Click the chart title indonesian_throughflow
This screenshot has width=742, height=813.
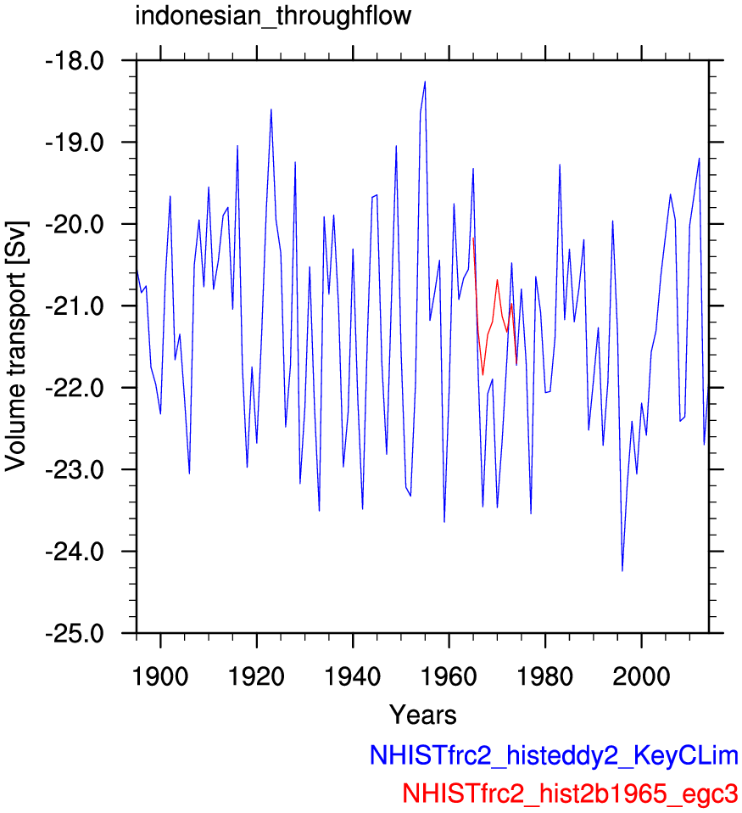point(273,16)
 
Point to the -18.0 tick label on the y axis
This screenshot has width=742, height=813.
point(75,60)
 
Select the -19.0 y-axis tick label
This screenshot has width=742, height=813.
point(75,142)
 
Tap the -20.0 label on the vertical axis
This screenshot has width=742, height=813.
point(75,224)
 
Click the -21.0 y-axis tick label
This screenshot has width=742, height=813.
point(75,306)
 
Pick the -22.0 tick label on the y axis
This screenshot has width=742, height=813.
point(75,388)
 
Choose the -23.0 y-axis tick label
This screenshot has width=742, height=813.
point(75,470)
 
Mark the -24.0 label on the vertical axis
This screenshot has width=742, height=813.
point(75,551)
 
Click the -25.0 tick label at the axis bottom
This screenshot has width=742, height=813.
point(75,633)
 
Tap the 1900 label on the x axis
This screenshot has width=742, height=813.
point(160,676)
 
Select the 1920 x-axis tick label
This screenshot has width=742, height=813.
point(256,676)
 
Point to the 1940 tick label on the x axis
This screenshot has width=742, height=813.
point(353,676)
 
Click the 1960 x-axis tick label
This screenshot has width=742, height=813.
point(449,676)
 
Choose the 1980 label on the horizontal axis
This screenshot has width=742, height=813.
point(545,676)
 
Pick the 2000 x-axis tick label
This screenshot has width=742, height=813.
point(641,676)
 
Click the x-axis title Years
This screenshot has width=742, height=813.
point(423,715)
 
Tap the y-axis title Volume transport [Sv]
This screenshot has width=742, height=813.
point(16,346)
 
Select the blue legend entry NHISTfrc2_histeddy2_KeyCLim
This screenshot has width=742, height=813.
point(554,755)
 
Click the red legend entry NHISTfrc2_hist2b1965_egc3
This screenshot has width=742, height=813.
point(570,793)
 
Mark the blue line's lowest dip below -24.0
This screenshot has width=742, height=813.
point(622,570)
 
